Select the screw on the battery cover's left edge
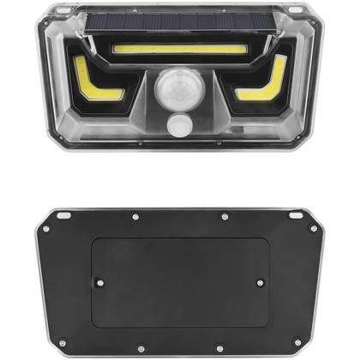99,281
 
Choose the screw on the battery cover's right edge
260,281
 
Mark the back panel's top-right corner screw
313,228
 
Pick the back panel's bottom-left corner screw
61,343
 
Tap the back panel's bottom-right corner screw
297,343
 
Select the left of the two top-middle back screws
135,217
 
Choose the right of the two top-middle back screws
224,217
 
